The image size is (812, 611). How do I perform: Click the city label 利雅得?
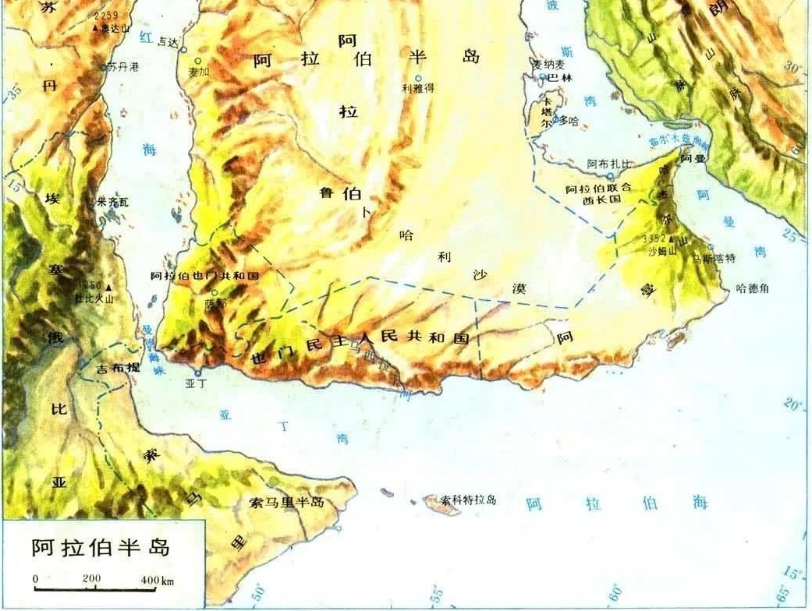coord(418,89)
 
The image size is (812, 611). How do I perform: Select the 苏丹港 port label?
coord(123,67)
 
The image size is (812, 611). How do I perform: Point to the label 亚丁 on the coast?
coord(194,384)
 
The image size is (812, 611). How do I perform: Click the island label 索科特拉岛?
coord(468,500)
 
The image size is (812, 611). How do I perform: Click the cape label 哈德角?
coord(753,288)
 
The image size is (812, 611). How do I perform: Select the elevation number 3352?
coord(654,238)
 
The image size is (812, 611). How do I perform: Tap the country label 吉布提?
coord(117,367)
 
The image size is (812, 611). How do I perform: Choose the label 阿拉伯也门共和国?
coord(204,277)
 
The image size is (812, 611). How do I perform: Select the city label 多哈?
coord(569,121)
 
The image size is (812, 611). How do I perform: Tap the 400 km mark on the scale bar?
coord(151,580)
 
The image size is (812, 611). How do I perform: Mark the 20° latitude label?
coord(792,405)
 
